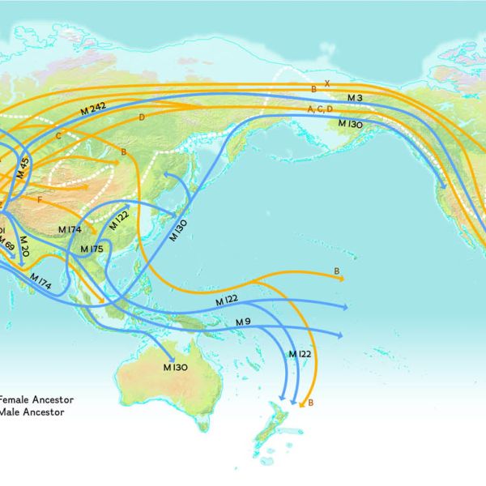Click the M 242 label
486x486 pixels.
point(94,110)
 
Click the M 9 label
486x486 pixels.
point(243,322)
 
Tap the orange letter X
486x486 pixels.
point(327,83)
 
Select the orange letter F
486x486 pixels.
point(39,198)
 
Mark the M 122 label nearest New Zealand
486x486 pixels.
point(300,354)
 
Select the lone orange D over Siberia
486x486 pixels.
point(142,118)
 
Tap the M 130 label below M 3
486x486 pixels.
point(349,123)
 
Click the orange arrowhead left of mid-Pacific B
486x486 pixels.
point(342,278)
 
